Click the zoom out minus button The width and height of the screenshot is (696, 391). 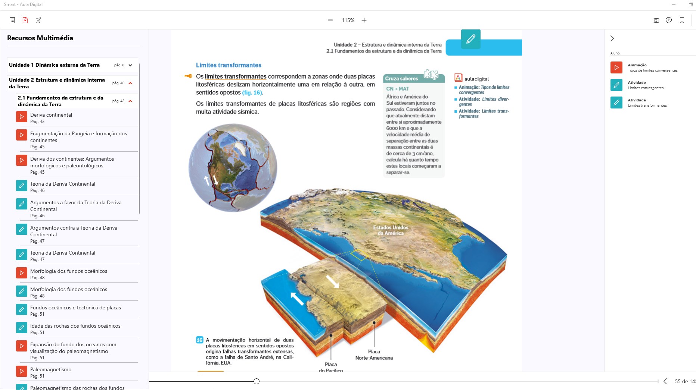click(x=330, y=20)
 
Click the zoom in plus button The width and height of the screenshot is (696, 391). click(x=364, y=20)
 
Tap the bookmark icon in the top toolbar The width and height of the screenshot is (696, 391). click(x=682, y=20)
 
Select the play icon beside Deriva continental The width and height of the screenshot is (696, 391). click(x=22, y=117)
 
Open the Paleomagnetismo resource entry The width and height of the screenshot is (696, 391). click(x=51, y=370)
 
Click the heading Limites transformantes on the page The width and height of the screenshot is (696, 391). click(x=229, y=65)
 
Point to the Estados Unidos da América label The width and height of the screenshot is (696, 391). click(x=391, y=230)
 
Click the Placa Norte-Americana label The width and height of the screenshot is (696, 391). click(x=374, y=354)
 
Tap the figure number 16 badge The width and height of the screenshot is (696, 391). click(x=200, y=340)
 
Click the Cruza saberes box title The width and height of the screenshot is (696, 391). click(x=401, y=79)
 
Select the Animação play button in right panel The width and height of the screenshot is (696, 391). click(x=616, y=67)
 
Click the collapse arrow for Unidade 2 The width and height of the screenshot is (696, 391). click(x=130, y=83)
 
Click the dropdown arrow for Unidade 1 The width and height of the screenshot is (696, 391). click(x=130, y=65)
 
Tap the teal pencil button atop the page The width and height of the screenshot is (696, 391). click(x=470, y=39)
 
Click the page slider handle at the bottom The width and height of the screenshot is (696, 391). click(x=257, y=381)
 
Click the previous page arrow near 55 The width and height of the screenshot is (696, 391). click(x=665, y=381)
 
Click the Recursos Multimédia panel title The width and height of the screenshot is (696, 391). click(x=40, y=38)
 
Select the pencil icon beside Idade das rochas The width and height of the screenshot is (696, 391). click(x=22, y=328)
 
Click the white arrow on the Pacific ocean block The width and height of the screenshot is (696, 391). click(x=297, y=299)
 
